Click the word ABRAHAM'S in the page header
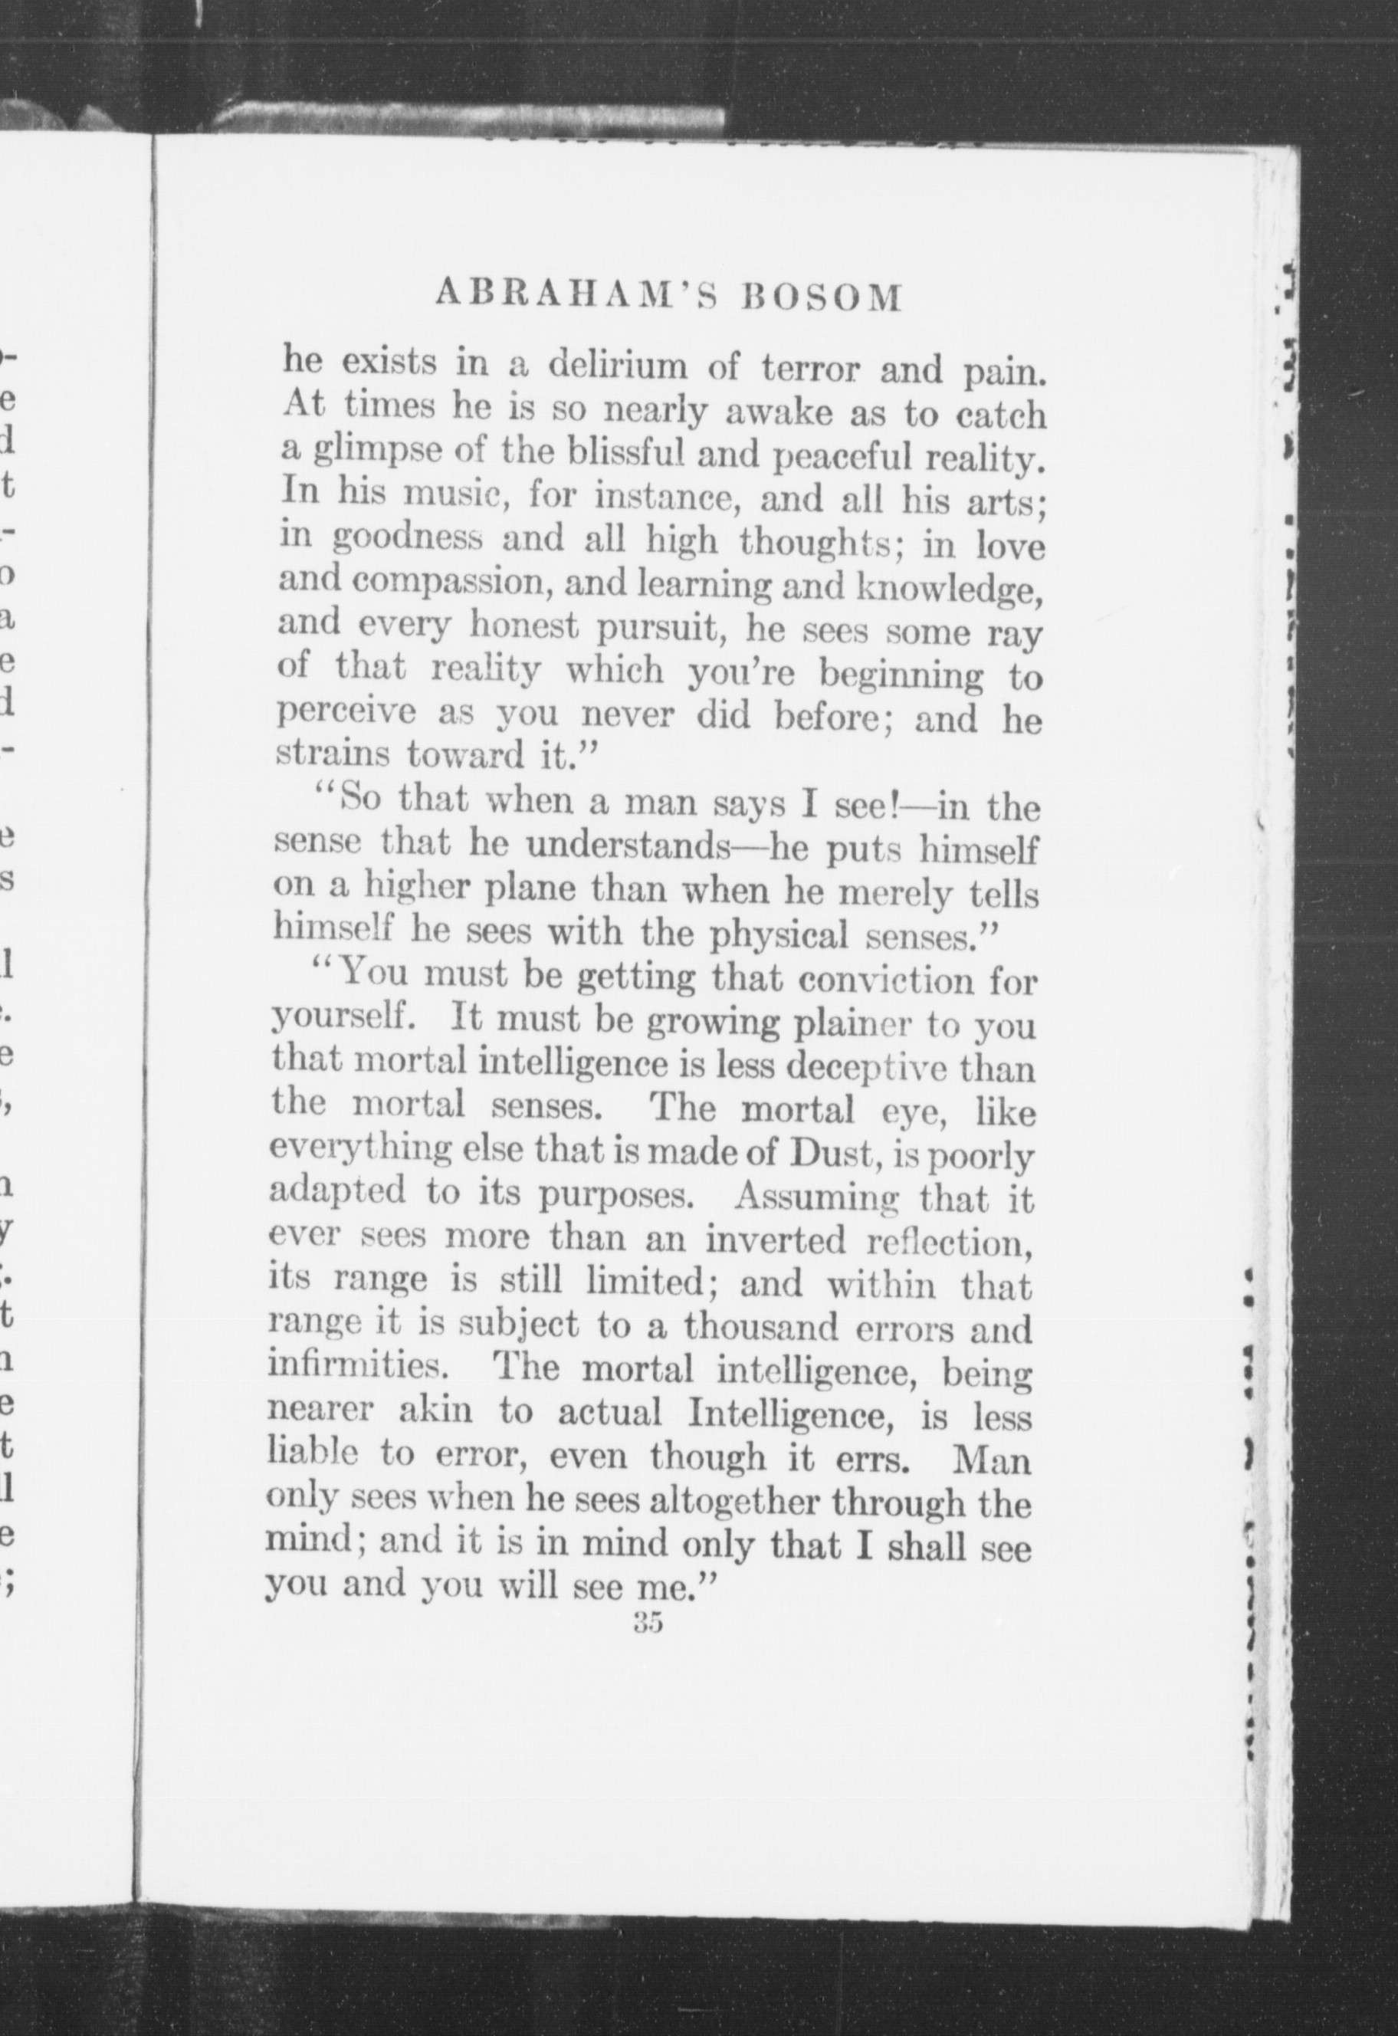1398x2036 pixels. click(576, 297)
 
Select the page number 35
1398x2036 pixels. click(648, 1623)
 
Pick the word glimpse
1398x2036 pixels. click(369, 453)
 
